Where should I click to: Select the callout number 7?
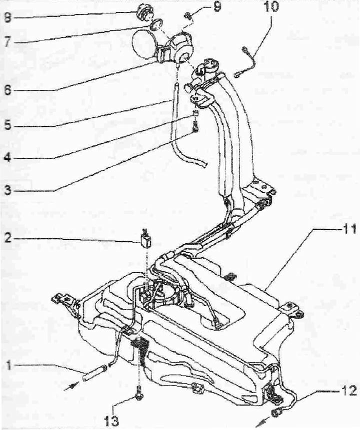click(x=7, y=41)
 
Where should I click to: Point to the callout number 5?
click(x=7, y=125)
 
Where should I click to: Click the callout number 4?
click(x=7, y=157)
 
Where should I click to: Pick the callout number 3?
click(x=7, y=190)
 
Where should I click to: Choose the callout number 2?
click(x=7, y=238)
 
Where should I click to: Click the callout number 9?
click(x=217, y=6)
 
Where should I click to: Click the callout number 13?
click(x=112, y=420)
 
